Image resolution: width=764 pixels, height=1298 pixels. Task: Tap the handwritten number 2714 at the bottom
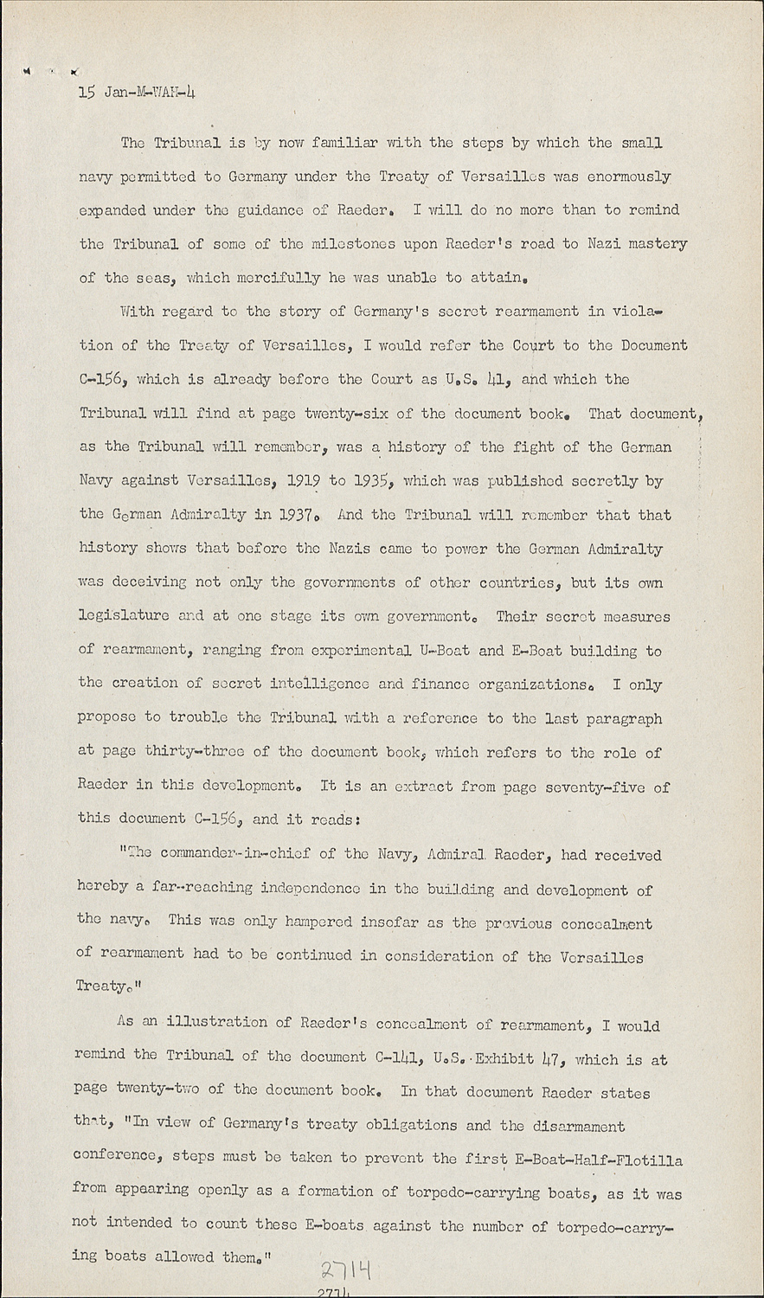point(345,1271)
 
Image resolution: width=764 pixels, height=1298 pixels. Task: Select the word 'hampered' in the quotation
point(320,922)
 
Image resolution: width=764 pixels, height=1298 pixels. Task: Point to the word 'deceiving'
point(146,582)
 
